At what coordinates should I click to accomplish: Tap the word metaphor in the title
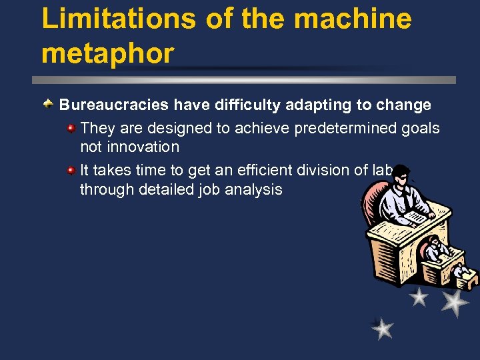(107, 53)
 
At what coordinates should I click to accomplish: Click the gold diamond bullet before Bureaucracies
(48, 105)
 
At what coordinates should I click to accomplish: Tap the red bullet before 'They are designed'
(71, 127)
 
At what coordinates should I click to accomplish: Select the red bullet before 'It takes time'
(71, 171)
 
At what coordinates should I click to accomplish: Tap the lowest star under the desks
(383, 328)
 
